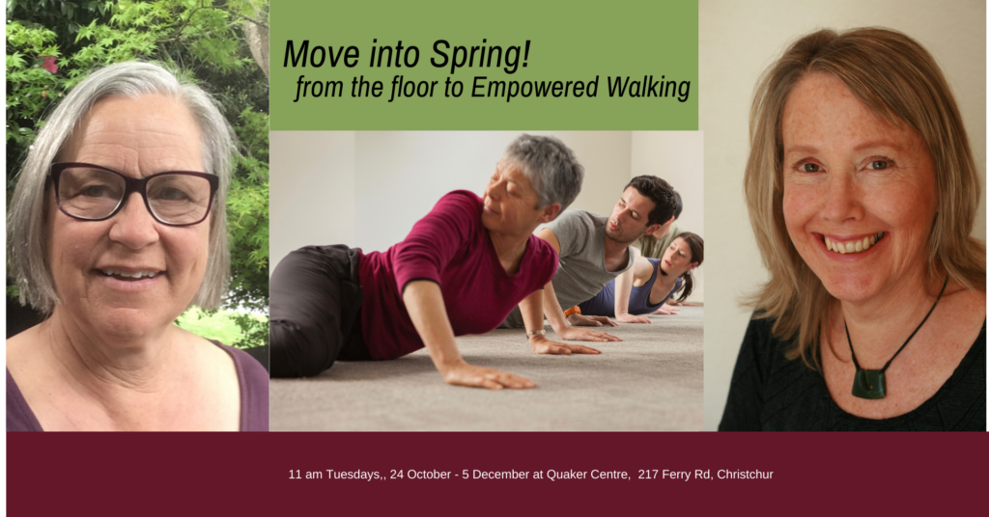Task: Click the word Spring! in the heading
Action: [480, 55]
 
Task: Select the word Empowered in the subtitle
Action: [534, 88]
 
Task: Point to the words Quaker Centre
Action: [588, 475]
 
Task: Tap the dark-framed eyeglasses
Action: [133, 193]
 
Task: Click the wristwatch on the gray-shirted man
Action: [535, 333]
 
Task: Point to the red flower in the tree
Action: [48, 64]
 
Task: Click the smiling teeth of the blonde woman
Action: [851, 244]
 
